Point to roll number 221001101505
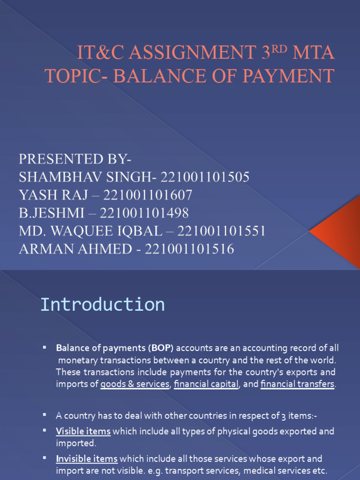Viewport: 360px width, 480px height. (x=205, y=177)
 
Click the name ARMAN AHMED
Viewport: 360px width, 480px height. (x=75, y=249)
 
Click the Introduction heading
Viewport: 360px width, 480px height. (x=102, y=305)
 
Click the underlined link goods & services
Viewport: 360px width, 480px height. (x=135, y=384)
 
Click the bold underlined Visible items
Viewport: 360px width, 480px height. (x=83, y=431)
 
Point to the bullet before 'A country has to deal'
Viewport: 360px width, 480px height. (x=45, y=415)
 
